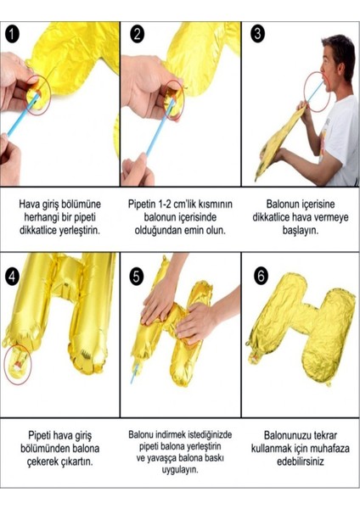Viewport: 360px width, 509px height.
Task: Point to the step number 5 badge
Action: (138, 277)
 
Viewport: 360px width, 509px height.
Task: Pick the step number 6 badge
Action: (260, 277)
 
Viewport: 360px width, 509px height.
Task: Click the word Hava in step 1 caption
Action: (32, 205)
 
